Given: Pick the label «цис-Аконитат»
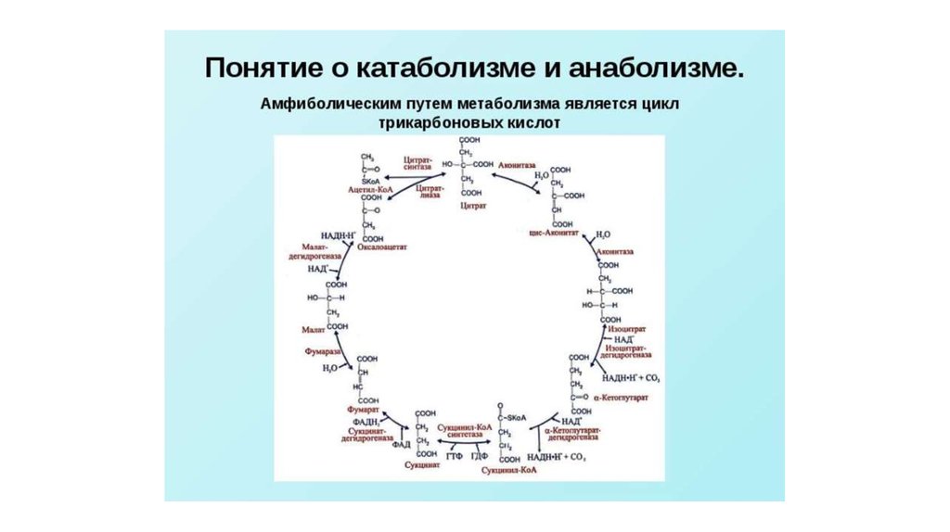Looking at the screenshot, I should [x=553, y=233].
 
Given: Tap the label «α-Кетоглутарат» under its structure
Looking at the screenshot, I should [x=619, y=397].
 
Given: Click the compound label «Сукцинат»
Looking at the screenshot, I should [x=427, y=467].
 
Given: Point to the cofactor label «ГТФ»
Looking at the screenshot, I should [x=454, y=458].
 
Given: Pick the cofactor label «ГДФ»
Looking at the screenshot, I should [x=478, y=458].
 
